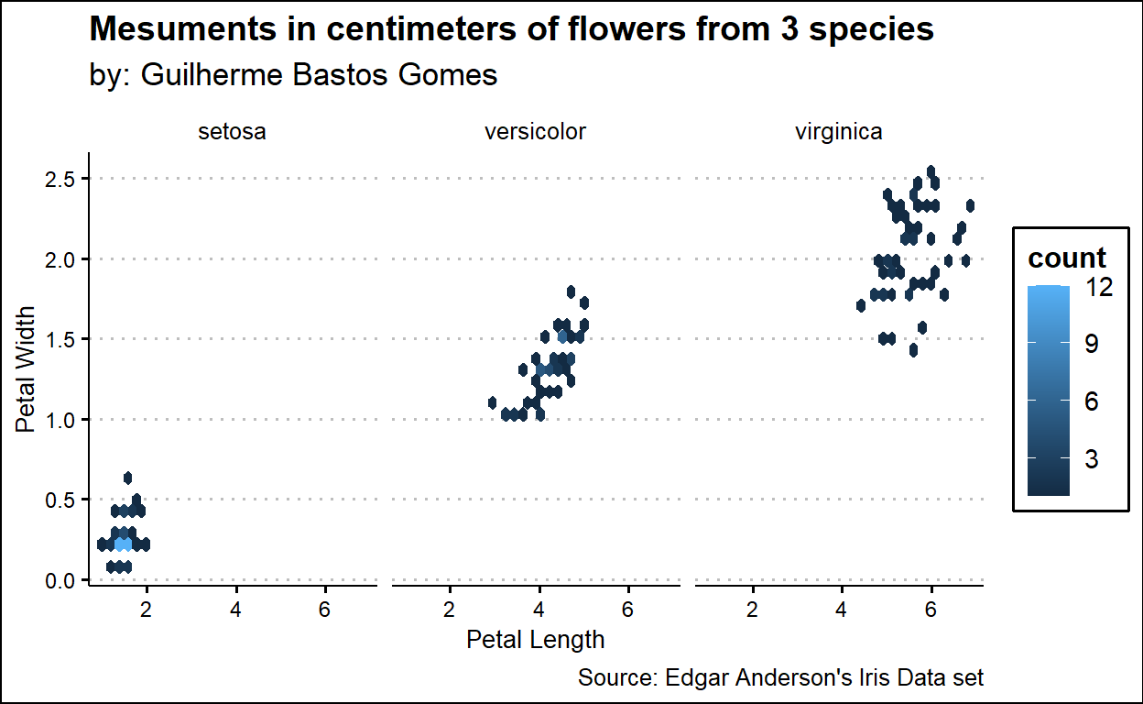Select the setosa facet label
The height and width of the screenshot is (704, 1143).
(x=232, y=132)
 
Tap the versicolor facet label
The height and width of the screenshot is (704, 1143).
(x=535, y=132)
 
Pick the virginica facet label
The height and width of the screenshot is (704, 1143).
(x=839, y=132)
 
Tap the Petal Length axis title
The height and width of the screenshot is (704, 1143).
(x=536, y=639)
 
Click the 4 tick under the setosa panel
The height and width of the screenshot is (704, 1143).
(x=235, y=610)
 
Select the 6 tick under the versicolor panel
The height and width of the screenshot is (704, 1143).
(x=628, y=610)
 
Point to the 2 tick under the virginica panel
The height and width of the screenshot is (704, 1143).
(x=752, y=610)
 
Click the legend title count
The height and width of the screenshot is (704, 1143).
(x=1067, y=258)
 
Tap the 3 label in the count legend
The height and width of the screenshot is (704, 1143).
(x=1091, y=459)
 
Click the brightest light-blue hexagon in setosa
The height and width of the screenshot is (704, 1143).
(x=123, y=544)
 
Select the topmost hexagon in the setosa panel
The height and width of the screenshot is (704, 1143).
(x=127, y=478)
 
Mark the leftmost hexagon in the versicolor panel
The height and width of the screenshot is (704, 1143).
(x=493, y=402)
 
